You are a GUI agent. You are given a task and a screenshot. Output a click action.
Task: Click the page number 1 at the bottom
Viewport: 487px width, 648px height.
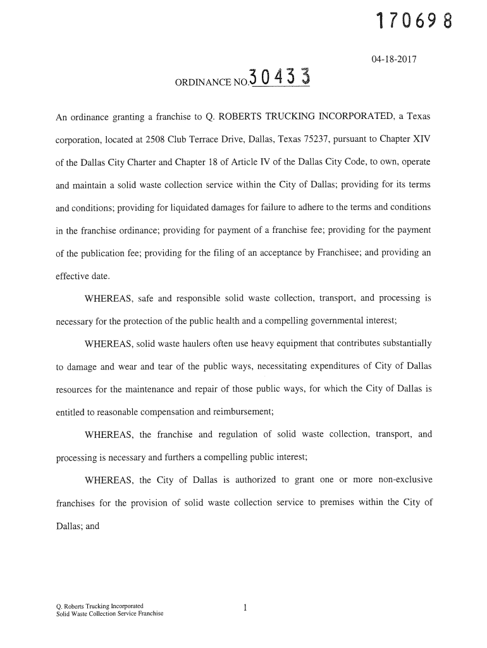coord(244,608)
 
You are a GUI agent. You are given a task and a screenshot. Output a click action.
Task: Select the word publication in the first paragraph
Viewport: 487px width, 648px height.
coord(92,253)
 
